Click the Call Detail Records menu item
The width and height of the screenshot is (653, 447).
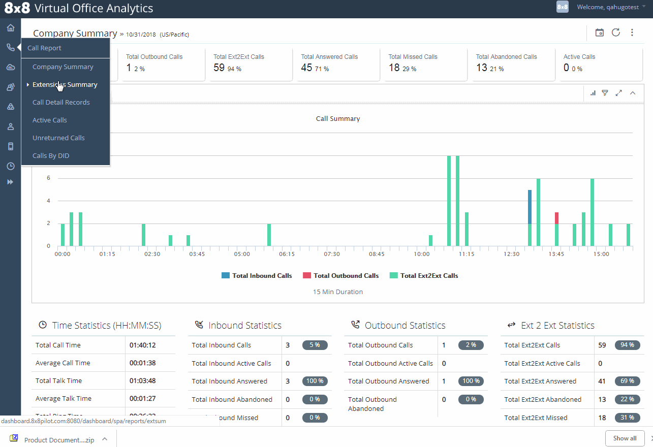pos(61,102)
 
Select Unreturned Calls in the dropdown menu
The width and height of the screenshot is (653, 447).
pos(58,138)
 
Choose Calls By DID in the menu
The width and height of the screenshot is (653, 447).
pos(51,155)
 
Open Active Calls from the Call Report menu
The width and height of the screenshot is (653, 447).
pos(50,120)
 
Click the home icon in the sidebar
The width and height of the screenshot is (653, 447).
pos(10,27)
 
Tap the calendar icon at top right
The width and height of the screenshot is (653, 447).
pos(600,33)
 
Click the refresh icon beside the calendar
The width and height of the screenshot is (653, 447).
pos(616,33)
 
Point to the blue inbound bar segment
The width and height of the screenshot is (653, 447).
pos(530,207)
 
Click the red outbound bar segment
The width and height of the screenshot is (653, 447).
pos(556,218)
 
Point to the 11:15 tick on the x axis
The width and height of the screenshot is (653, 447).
pos(467,253)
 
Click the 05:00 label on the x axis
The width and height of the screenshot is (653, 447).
pos(242,253)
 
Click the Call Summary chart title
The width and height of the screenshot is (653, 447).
pos(338,118)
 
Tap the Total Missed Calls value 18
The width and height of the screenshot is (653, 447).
pos(394,68)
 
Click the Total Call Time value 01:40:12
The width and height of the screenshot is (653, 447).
pos(142,345)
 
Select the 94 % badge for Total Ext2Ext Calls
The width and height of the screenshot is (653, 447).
pos(627,345)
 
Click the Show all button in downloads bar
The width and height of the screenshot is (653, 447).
pos(625,438)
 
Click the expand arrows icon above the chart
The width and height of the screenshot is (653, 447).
pos(618,93)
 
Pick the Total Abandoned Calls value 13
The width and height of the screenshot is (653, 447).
pos(481,68)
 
